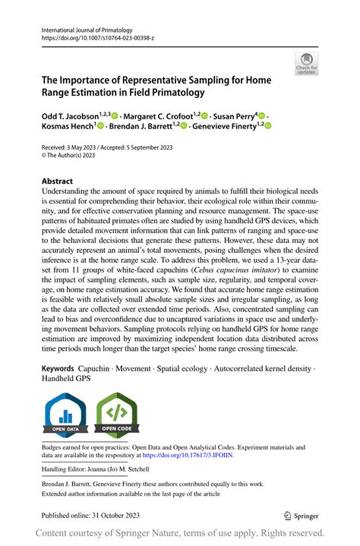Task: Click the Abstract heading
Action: [58, 181]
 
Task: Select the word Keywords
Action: [58, 368]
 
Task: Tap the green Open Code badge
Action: [116, 415]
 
